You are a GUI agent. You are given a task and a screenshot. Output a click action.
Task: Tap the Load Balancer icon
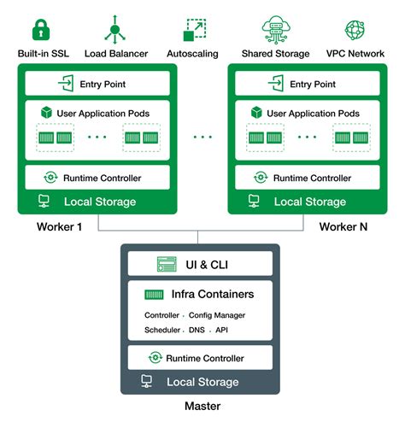[x=116, y=30]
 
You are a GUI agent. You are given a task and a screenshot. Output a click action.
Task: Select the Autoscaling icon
[x=195, y=30]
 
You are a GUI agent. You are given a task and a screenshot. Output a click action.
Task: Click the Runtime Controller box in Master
[x=200, y=358]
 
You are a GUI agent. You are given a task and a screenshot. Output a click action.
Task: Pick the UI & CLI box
[x=200, y=265]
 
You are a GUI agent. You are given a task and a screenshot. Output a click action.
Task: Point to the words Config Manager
[x=217, y=315]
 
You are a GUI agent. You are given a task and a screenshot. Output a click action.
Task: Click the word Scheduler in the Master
[x=162, y=330]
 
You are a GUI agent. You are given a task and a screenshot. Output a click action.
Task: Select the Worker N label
[x=343, y=227]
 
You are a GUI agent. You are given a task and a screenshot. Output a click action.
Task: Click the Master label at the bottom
[x=202, y=407]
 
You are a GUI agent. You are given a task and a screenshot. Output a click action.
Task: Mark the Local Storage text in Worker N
[x=309, y=202]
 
